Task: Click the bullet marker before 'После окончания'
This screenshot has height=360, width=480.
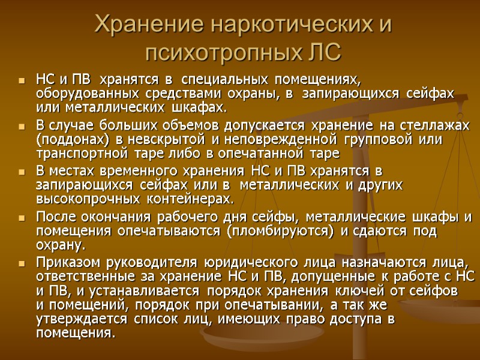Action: pos(23,217)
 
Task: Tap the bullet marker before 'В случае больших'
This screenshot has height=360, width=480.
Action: pos(23,125)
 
